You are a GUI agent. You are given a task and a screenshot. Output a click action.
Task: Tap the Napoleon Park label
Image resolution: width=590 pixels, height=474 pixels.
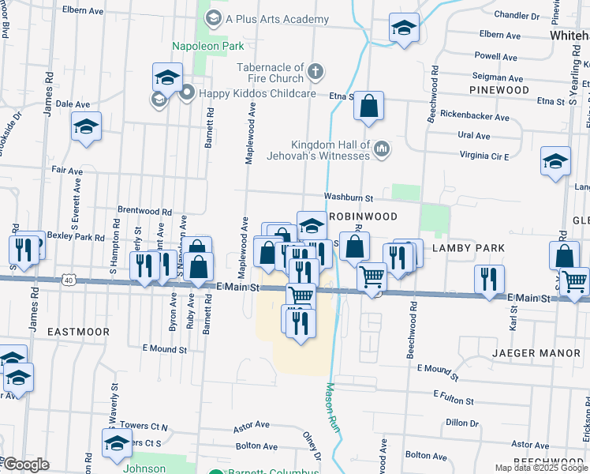coord(208,47)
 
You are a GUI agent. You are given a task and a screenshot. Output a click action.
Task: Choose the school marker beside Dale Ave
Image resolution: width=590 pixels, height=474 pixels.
coord(87,126)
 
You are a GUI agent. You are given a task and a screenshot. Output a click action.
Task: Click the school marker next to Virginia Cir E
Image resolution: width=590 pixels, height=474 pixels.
coord(555,161)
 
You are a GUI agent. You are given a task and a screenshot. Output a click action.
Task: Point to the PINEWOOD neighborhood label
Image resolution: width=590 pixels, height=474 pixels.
coord(499,90)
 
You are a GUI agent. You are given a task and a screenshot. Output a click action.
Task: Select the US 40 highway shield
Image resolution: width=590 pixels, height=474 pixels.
coord(69,280)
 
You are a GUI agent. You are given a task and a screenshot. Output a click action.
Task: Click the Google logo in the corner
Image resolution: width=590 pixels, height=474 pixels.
coord(26,464)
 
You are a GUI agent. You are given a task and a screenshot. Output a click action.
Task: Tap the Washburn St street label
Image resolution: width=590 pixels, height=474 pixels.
coord(346,197)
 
